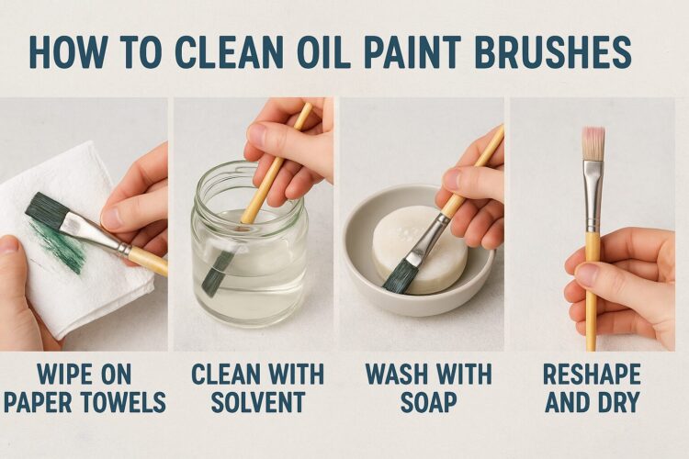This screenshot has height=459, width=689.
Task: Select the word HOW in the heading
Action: tap(65, 52)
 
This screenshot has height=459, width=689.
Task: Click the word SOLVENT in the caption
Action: tap(257, 402)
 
